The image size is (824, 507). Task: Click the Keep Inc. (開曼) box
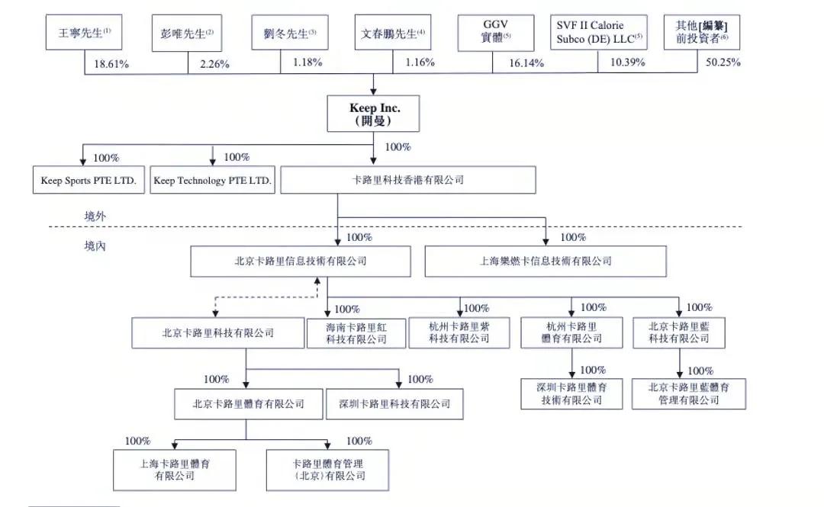pos(374,114)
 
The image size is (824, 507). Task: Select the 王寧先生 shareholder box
pos(85,34)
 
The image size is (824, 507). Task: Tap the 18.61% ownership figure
pos(111,64)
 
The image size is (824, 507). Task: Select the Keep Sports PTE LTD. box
pos(89,181)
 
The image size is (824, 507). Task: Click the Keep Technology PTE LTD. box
pos(212,181)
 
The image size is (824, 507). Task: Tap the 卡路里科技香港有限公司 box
pos(408,181)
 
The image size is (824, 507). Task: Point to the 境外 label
pos(95,217)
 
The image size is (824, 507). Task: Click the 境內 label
pos(95,247)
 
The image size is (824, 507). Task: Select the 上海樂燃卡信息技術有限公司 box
pos(546,261)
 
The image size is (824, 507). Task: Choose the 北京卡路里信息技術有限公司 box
pos(301,261)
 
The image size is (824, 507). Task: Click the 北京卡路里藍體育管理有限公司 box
pos(688,393)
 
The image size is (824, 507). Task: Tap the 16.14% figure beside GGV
pos(526,63)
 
